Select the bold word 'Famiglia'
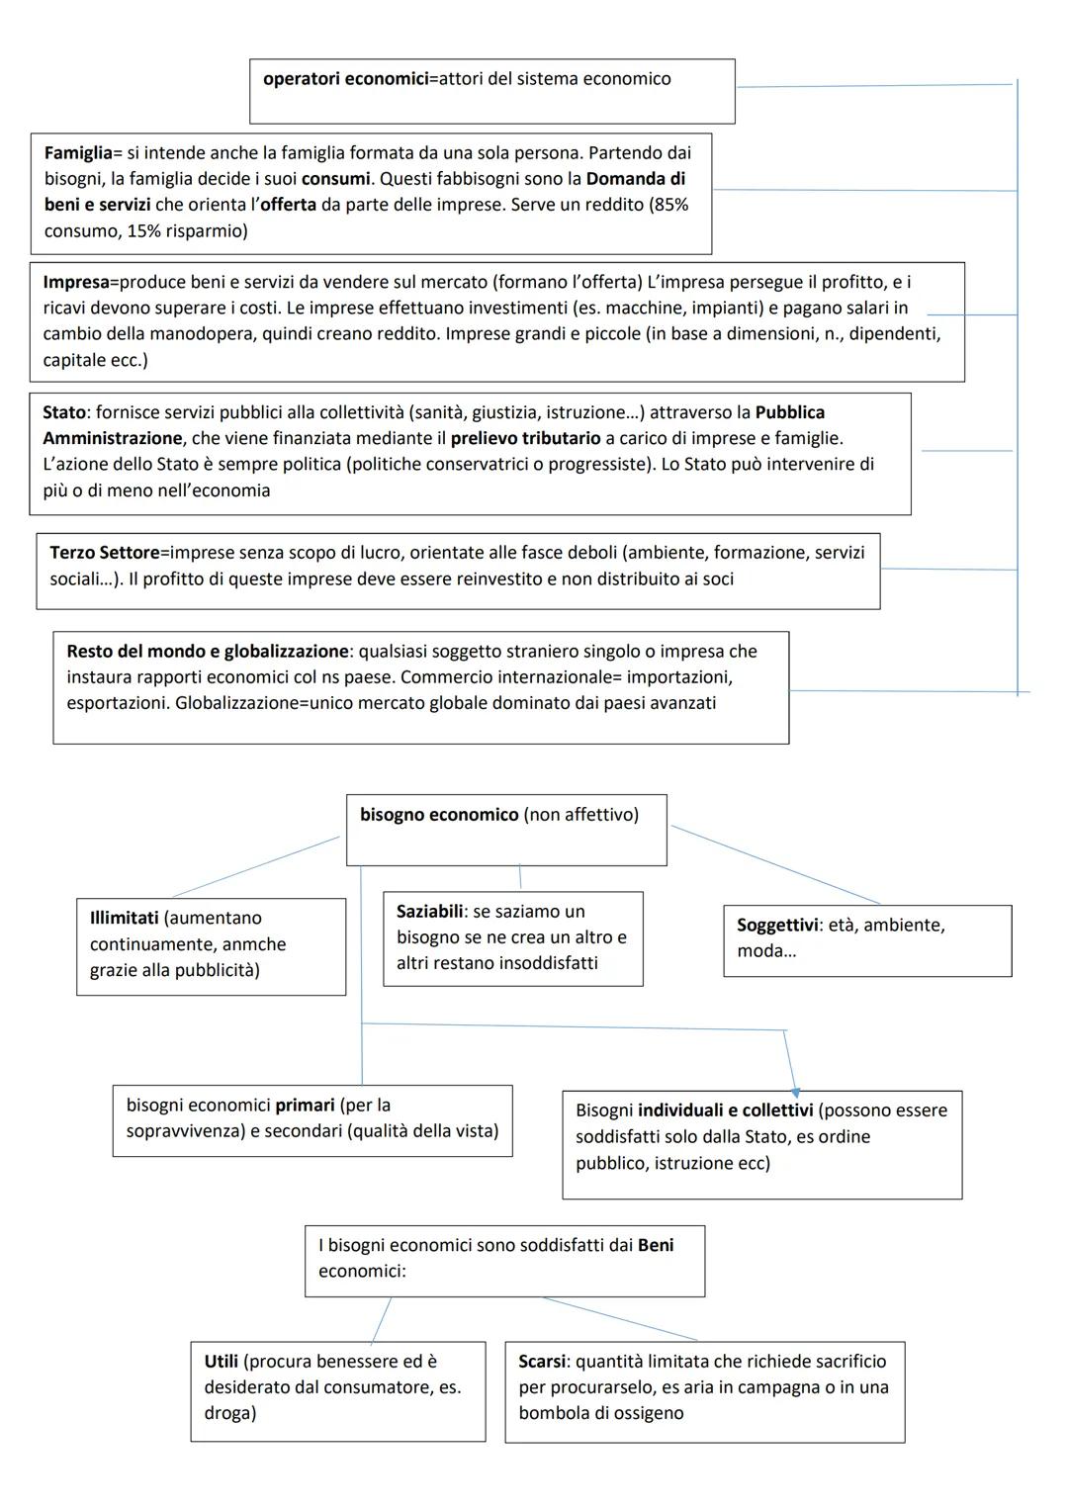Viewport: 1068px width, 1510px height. (x=77, y=153)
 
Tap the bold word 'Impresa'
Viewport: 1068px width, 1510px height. (x=75, y=283)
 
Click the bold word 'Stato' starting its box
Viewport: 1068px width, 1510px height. (x=63, y=412)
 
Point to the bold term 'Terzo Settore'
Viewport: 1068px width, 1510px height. (x=104, y=553)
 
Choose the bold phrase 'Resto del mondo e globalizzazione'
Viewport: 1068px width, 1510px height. (x=207, y=652)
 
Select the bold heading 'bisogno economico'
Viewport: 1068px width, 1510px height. (x=439, y=815)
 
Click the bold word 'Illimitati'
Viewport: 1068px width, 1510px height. (x=124, y=919)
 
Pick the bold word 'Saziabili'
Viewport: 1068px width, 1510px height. (x=430, y=912)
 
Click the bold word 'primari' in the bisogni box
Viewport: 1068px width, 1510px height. (x=305, y=1106)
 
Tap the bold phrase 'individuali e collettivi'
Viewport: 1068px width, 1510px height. (x=725, y=1110)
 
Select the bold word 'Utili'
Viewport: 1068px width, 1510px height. (x=221, y=1362)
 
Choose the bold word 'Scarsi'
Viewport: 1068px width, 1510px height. (x=541, y=1362)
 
